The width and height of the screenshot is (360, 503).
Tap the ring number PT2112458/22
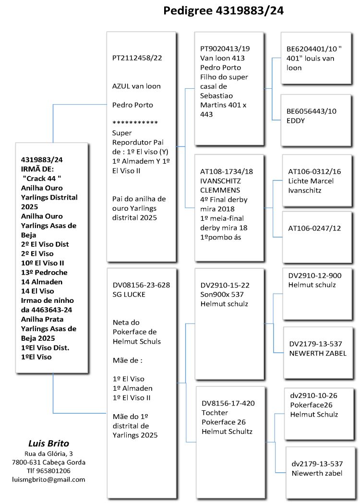(137, 58)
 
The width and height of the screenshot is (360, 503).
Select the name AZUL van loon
(136, 86)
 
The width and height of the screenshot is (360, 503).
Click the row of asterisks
(135, 123)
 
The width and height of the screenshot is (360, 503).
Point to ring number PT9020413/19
(225, 49)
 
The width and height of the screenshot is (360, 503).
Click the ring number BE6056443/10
(312, 111)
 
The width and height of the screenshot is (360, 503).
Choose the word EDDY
(296, 120)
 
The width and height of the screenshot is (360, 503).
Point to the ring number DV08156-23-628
(141, 285)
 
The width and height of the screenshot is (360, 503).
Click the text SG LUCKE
(129, 294)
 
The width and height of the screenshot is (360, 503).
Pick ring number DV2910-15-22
(225, 285)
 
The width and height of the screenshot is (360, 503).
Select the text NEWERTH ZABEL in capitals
(318, 353)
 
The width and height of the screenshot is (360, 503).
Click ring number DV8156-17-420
(228, 403)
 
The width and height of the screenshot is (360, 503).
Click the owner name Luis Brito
(48, 443)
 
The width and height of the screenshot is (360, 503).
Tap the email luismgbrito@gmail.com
(48, 479)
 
